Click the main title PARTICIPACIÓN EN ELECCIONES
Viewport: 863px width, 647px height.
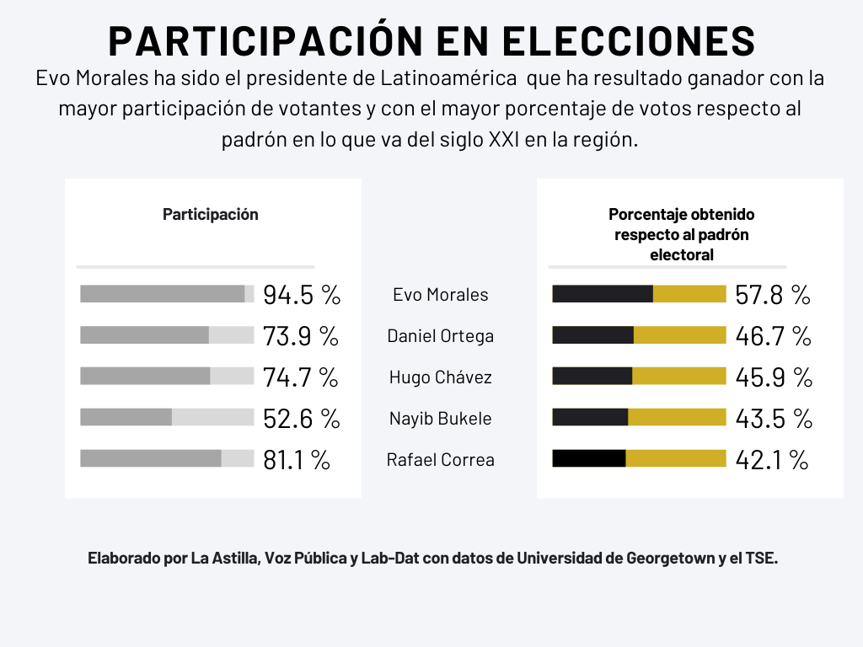pyautogui.click(x=431, y=41)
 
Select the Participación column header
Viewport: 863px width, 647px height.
pyautogui.click(x=210, y=214)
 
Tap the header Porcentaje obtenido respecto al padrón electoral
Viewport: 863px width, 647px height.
pyautogui.click(x=681, y=234)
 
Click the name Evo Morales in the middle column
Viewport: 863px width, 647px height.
pyautogui.click(x=440, y=295)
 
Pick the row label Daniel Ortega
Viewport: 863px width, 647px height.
pyautogui.click(x=440, y=336)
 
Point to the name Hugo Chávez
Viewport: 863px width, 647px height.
pyautogui.click(x=440, y=377)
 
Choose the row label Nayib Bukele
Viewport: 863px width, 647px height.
pyautogui.click(x=440, y=419)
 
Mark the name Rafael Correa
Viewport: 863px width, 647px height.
pyautogui.click(x=440, y=460)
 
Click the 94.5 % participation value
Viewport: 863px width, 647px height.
pyautogui.click(x=301, y=295)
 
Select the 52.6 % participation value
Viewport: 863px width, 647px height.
pyautogui.click(x=301, y=419)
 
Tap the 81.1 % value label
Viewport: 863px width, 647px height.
pyautogui.click(x=296, y=460)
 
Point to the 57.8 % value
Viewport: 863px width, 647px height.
pyautogui.click(x=772, y=295)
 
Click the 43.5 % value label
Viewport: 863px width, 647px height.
pyautogui.click(x=773, y=419)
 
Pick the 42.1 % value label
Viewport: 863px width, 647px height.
pyautogui.click(x=771, y=460)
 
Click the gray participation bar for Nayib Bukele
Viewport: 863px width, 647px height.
pyautogui.click(x=126, y=417)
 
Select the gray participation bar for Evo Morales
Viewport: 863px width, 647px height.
pyautogui.click(x=162, y=293)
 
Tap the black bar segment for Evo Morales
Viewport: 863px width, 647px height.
pyautogui.click(x=602, y=293)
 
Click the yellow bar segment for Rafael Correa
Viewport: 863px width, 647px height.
pyautogui.click(x=675, y=458)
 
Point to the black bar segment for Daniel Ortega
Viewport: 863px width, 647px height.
pyautogui.click(x=592, y=334)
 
